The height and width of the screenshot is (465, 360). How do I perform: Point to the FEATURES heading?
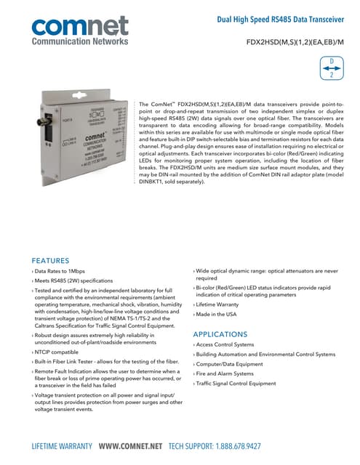pos(50,260)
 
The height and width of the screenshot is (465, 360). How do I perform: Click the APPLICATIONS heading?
pos(225,333)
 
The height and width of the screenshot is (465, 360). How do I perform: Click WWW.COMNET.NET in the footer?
pos(130,445)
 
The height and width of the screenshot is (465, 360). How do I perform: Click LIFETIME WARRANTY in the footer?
pos(62,445)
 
